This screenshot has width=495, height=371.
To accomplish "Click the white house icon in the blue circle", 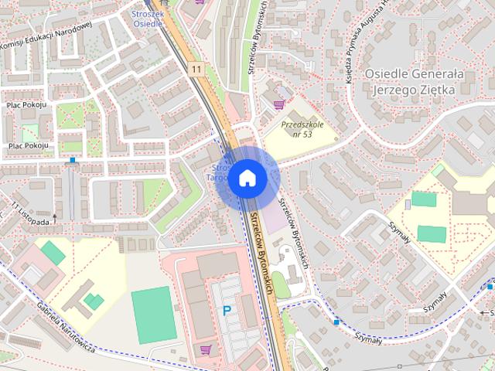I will tap(247, 178).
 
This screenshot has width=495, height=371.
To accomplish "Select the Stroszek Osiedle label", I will tap(147, 18).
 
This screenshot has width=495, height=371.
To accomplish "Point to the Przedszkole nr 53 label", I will tap(297, 128).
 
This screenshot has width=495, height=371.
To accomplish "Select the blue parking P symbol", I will tap(227, 311).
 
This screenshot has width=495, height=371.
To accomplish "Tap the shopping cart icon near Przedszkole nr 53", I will tap(279, 103).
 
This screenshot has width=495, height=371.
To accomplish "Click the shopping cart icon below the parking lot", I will tap(205, 350).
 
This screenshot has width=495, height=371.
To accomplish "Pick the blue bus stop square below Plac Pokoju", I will tap(73, 161).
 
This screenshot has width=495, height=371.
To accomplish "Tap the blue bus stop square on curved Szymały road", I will tap(336, 321).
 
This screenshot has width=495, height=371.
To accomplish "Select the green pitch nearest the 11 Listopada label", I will tap(53, 252).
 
